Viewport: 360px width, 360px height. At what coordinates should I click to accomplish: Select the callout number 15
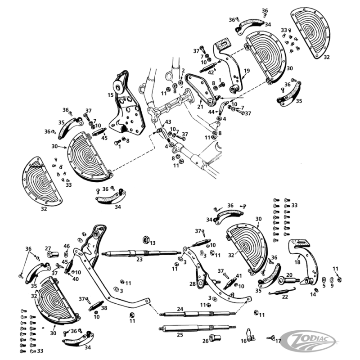pyautogui.click(x=110, y=95)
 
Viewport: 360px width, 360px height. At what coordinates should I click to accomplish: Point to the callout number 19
pyautogui.click(x=246, y=71)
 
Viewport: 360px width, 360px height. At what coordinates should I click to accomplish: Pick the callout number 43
pyautogui.click(x=168, y=122)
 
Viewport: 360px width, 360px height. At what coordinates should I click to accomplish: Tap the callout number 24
pyautogui.click(x=180, y=309)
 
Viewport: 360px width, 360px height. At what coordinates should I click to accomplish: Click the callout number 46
pyautogui.click(x=67, y=246)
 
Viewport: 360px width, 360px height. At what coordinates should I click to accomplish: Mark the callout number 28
pyautogui.click(x=193, y=284)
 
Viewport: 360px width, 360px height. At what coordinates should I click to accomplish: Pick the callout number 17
pyautogui.click(x=278, y=341)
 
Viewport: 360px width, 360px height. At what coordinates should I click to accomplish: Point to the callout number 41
pyautogui.click(x=239, y=276)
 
